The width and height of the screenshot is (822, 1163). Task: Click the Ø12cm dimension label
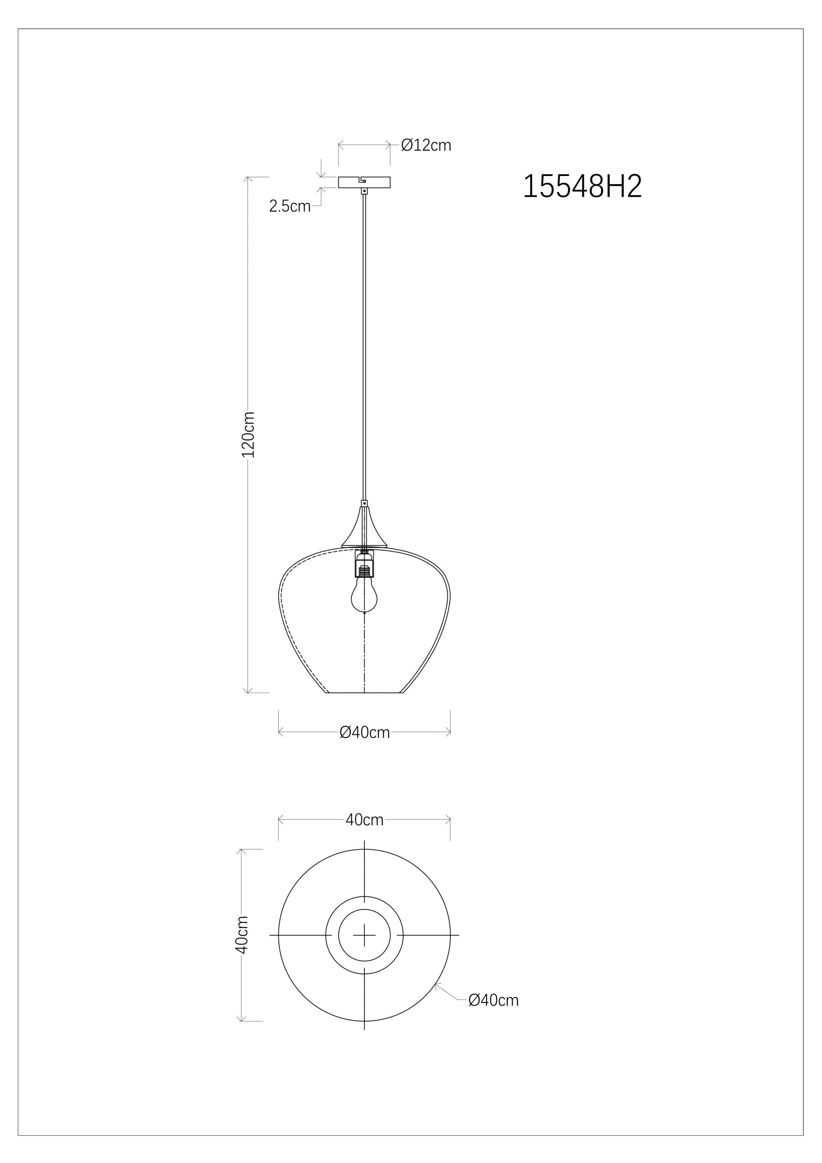pos(426,146)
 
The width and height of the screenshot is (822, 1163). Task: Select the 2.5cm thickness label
pos(290,206)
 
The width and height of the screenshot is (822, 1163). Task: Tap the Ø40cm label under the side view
pos(364,733)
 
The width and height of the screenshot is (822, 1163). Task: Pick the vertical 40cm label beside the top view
pos(242,934)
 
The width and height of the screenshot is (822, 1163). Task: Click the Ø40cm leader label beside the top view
pos(493,1000)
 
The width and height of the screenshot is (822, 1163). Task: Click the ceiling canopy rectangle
pos(349,182)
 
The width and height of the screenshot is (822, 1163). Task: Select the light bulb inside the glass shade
pos(364,598)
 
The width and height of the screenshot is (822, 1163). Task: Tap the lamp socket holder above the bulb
pos(364,563)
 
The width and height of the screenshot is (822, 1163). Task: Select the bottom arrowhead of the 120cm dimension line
pos(247,691)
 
